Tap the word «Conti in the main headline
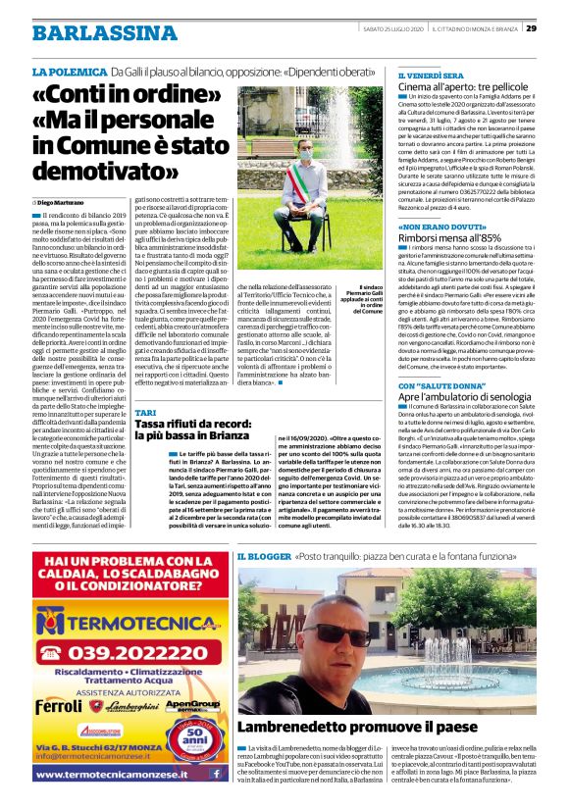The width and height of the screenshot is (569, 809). tap(77, 99)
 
